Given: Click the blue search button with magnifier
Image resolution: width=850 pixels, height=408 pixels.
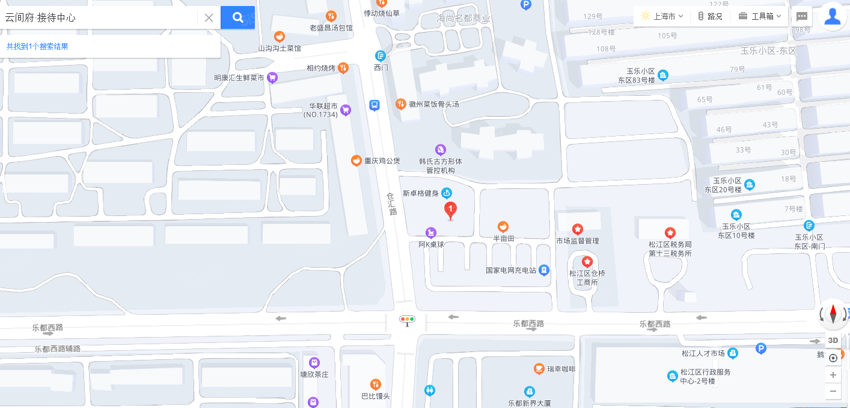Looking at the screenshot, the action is (x=237, y=17).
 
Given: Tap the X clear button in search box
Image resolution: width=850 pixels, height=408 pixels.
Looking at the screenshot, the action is (x=209, y=17).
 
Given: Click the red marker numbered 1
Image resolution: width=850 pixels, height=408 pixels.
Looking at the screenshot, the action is (x=450, y=210).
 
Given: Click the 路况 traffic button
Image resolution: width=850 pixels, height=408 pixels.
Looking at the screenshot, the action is (x=710, y=16).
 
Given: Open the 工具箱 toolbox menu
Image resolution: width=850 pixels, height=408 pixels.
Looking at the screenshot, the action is (x=760, y=16).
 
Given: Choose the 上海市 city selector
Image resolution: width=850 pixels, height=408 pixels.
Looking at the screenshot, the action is (x=662, y=16).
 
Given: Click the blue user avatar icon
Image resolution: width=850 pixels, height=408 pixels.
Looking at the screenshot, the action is (x=833, y=16).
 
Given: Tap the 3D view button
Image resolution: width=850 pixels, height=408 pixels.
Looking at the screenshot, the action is (x=833, y=341).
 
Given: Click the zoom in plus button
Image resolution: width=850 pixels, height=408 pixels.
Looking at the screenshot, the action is (x=833, y=375).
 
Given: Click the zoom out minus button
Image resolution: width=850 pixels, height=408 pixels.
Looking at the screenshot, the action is (x=833, y=391).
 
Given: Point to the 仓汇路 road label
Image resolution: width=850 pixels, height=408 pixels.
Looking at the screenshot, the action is (x=391, y=204).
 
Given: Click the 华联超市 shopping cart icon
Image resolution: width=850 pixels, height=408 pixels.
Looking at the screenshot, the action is (x=346, y=110).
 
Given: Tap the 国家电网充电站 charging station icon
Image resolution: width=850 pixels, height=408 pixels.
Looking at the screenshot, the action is (x=544, y=270).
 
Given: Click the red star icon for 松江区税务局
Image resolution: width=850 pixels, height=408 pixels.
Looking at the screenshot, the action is (x=670, y=233).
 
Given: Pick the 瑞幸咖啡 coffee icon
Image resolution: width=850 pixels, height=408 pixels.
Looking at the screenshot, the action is (x=539, y=368).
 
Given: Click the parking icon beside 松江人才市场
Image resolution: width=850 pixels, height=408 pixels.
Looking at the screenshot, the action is (x=760, y=348).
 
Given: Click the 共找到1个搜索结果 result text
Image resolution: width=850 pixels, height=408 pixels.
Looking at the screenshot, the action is (x=37, y=46).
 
